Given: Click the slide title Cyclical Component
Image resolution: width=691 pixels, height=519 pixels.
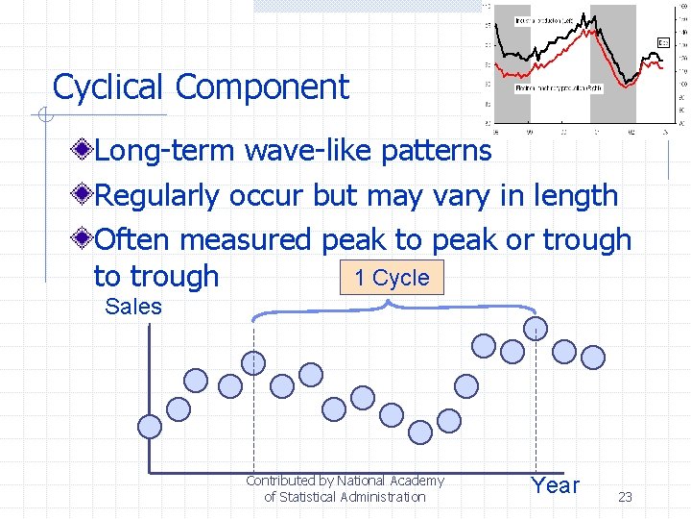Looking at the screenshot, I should tap(201, 87).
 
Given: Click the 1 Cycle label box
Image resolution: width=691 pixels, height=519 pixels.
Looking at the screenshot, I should tap(392, 278).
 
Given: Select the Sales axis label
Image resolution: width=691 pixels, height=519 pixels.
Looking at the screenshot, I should tap(133, 307).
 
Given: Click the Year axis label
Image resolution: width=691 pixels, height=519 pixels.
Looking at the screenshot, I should tap(556, 485).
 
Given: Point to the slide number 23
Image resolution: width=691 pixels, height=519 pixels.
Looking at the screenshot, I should tap(625, 497).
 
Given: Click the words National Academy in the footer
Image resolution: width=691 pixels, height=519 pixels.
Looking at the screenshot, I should tap(390, 481).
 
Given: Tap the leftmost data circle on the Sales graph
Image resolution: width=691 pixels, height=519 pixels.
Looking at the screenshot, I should tap(150, 425).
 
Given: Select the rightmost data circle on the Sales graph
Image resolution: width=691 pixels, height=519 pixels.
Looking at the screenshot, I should tap(594, 357).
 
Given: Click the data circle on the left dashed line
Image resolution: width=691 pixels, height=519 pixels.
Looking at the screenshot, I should tap(253, 363).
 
